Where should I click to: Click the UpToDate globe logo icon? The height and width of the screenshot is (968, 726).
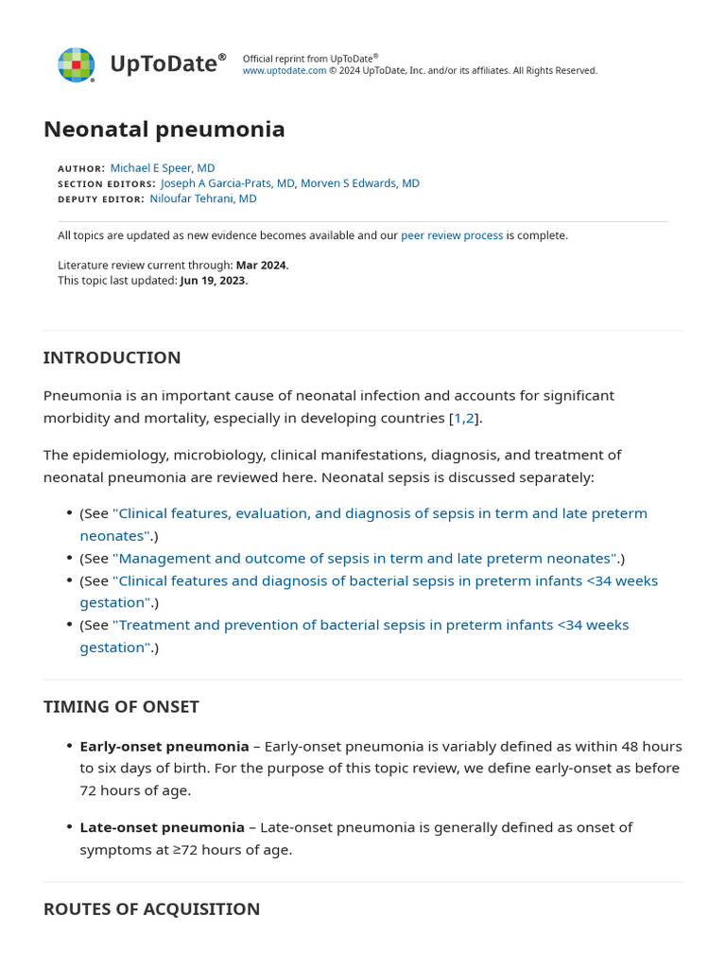click(76, 64)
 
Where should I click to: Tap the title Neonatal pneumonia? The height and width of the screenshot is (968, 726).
click(164, 130)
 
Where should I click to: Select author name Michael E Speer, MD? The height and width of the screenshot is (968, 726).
click(163, 168)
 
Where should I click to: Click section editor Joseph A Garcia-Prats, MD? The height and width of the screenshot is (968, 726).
click(228, 183)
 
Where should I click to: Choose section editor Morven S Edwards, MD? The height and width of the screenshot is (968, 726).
click(360, 183)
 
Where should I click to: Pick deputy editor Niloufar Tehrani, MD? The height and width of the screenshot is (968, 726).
click(203, 199)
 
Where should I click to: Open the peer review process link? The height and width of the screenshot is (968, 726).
click(452, 235)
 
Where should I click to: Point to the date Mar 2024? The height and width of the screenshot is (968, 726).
click(261, 266)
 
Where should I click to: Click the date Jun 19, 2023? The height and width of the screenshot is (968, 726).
click(213, 281)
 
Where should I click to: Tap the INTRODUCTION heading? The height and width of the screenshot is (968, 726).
click(112, 357)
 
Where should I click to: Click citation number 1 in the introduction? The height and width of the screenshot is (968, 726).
click(458, 418)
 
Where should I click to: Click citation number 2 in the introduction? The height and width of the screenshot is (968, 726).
click(470, 418)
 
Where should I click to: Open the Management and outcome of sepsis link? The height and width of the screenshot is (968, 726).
click(365, 558)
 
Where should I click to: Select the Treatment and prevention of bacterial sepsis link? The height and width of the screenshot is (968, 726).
click(370, 625)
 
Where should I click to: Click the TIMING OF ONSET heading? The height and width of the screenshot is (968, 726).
click(121, 707)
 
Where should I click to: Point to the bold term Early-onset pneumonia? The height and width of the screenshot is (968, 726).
click(164, 746)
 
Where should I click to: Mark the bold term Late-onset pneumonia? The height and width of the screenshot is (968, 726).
click(162, 827)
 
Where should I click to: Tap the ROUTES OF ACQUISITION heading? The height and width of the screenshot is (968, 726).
click(151, 908)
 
